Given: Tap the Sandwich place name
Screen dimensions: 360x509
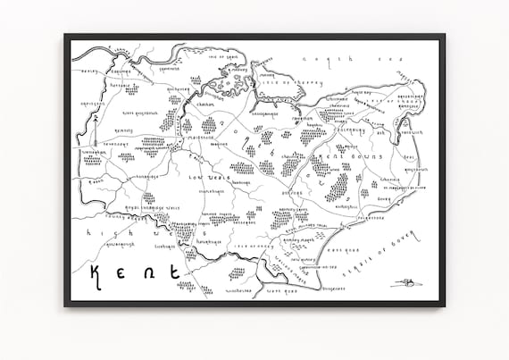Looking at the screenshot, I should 412,133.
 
